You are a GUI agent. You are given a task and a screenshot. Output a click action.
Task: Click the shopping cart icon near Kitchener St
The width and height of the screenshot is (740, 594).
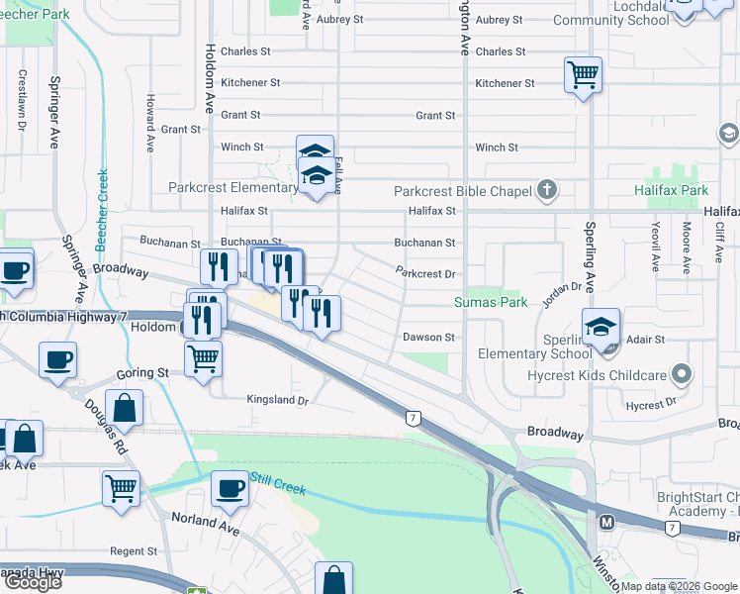[x=583, y=74]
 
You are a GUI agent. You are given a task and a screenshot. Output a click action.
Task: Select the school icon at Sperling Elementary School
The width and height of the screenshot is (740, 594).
[x=601, y=326]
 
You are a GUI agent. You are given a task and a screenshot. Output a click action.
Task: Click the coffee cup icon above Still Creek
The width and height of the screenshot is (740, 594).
[x=231, y=488]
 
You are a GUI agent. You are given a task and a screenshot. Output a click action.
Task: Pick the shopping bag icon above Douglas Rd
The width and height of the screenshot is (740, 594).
[x=126, y=406]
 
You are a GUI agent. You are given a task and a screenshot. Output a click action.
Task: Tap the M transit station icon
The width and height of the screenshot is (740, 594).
[x=607, y=521]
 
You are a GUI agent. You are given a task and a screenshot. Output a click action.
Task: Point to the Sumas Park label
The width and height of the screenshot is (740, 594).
[x=491, y=302]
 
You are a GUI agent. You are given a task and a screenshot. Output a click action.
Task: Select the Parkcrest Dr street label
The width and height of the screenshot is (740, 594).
[x=424, y=272]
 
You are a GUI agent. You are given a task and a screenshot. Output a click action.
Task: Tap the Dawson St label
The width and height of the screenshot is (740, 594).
[x=428, y=337]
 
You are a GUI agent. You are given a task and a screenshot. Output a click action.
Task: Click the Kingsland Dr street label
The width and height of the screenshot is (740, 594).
[x=278, y=400]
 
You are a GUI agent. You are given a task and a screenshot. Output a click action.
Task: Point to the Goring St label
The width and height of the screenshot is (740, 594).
[x=144, y=373]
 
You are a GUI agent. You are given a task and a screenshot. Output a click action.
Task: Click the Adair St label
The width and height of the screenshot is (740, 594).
[x=645, y=339]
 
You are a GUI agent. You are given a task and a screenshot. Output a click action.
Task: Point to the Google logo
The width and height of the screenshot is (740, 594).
[x=32, y=581]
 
